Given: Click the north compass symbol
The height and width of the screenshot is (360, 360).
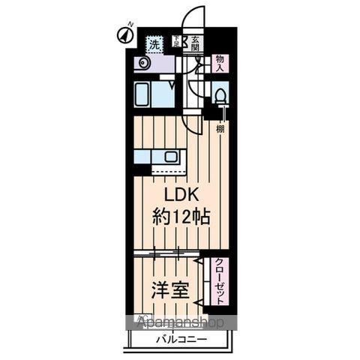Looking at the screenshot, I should point(123,35).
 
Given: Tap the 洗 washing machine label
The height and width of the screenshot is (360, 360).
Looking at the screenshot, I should point(154,44).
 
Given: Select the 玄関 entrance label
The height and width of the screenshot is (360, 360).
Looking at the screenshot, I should point(195,44).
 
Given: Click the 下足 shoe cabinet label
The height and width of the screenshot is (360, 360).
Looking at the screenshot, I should point(177,43).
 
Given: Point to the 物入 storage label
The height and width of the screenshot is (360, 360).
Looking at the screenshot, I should point(220,62).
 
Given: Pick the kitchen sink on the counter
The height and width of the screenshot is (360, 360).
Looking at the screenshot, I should point(170,157).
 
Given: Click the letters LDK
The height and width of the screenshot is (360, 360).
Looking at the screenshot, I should point(181,195).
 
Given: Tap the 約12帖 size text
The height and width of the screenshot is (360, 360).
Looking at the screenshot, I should point(181,217).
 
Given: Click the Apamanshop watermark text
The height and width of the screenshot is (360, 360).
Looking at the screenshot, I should point(180,322).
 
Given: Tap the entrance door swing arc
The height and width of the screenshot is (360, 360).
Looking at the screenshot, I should point(193,15).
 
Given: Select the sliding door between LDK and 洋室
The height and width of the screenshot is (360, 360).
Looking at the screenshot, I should point(166,253).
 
